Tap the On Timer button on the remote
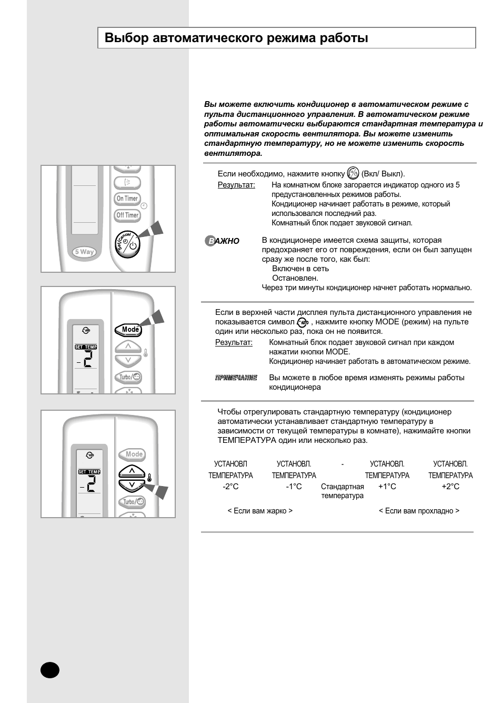(x=127, y=199)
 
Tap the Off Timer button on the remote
(x=127, y=215)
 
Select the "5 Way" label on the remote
(x=84, y=252)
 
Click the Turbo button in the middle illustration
(x=128, y=377)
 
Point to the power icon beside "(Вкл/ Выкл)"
(x=353, y=173)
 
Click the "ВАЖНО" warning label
(x=222, y=241)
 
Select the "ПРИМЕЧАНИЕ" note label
(x=236, y=378)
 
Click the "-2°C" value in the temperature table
(x=230, y=487)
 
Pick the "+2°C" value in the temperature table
(x=450, y=487)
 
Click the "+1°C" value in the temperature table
(x=387, y=487)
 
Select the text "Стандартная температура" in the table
(x=342, y=491)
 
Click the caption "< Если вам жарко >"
(x=260, y=511)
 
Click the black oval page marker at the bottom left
(x=50, y=670)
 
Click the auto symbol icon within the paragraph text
(x=303, y=322)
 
